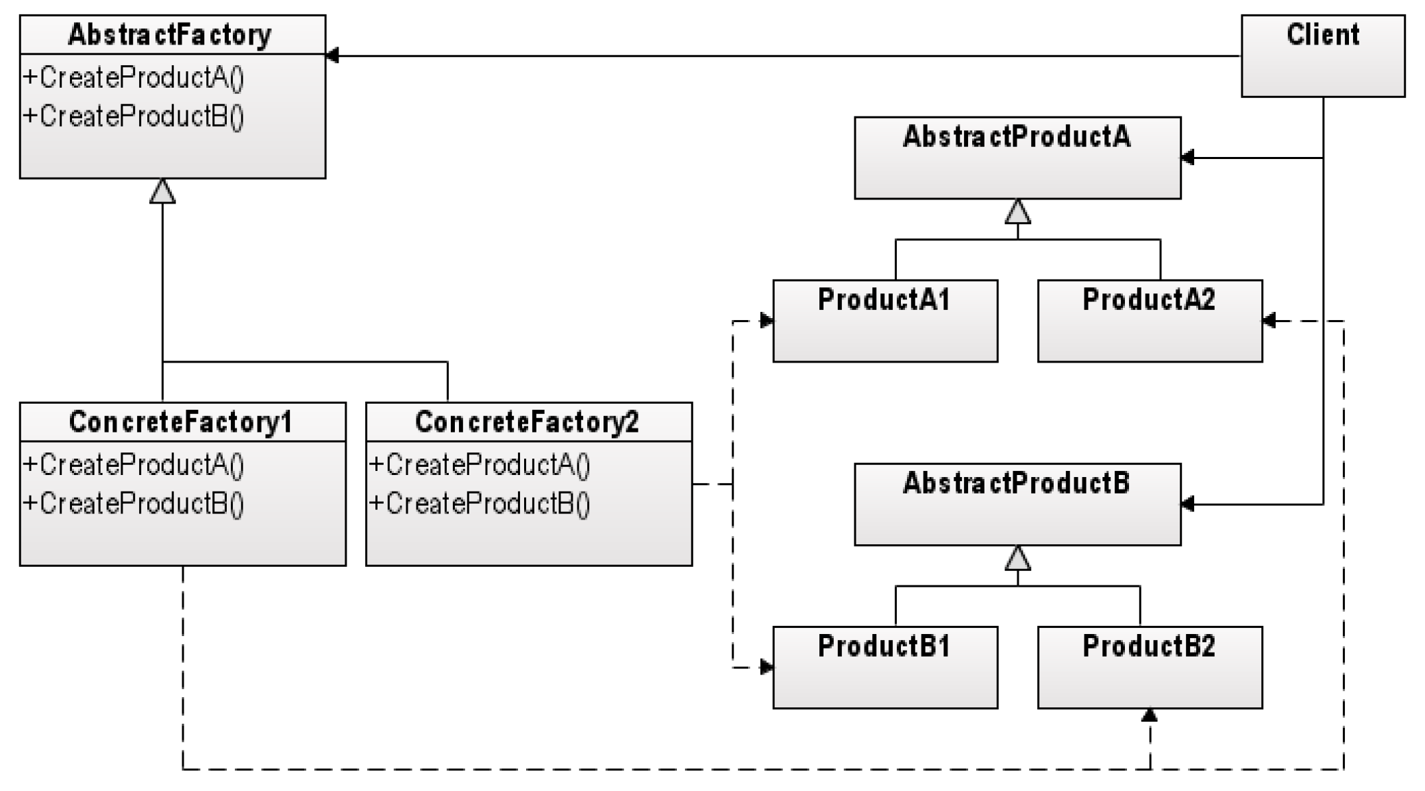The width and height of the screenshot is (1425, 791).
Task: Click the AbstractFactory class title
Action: click(169, 35)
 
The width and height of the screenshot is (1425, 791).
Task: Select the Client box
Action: click(1322, 56)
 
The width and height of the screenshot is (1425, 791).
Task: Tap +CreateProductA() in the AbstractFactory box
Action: click(134, 77)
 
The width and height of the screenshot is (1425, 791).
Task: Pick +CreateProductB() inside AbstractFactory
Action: click(134, 116)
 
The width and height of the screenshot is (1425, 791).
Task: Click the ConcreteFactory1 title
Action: click(181, 422)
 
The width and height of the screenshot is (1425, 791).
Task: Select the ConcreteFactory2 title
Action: click(527, 422)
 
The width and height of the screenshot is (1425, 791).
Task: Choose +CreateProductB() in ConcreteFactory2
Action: click(480, 504)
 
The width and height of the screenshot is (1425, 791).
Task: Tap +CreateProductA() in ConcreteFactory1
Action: click(134, 465)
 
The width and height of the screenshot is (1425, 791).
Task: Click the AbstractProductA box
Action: click(1017, 158)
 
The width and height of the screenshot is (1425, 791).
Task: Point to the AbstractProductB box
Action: click(1017, 504)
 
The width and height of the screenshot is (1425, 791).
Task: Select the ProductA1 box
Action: click(884, 320)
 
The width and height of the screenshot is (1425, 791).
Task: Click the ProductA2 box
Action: click(1150, 320)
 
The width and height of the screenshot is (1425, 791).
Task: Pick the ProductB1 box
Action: click(884, 667)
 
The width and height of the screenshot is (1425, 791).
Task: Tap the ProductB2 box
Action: click(1150, 667)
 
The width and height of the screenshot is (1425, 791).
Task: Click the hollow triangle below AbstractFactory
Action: click(162, 192)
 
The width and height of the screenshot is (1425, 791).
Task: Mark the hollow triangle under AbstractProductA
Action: click(1017, 212)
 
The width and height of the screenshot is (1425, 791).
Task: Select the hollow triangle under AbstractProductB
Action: click(1017, 559)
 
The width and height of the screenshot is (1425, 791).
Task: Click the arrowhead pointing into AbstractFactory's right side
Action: click(333, 56)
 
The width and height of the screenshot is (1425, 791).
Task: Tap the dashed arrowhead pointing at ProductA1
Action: click(766, 320)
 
